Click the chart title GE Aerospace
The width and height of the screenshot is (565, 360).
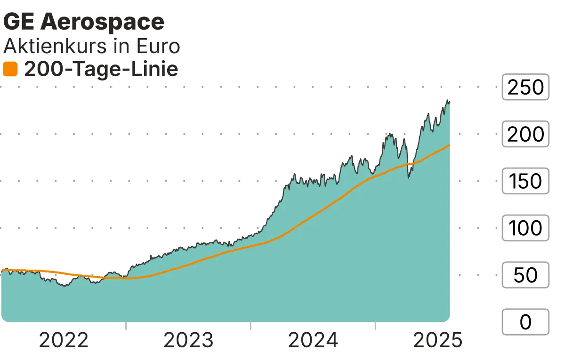[x=84, y=22]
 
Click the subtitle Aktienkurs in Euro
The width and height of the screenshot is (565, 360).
[x=92, y=46]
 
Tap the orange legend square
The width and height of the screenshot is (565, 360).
[x=10, y=69]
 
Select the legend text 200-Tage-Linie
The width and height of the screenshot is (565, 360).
[x=101, y=69]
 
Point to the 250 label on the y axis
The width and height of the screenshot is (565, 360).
[x=525, y=87]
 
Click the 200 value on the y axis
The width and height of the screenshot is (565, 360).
[x=525, y=134]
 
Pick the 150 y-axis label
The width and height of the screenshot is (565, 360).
[x=525, y=181]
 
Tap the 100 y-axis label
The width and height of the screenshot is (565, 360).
[x=525, y=228]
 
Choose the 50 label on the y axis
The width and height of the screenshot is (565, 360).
[x=525, y=275]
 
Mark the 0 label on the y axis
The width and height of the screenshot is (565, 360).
[x=525, y=322]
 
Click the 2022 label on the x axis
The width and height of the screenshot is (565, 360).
[x=64, y=340]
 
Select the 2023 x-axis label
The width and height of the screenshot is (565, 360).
[x=188, y=340]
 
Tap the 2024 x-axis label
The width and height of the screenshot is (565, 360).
[x=313, y=340]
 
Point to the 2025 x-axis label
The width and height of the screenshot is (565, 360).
[x=438, y=340]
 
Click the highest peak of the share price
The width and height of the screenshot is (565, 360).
[x=447, y=100]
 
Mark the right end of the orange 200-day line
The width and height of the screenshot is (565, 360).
[x=449, y=145]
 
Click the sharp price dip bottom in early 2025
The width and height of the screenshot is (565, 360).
[x=409, y=177]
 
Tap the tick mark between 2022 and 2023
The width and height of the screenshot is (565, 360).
[x=126, y=326]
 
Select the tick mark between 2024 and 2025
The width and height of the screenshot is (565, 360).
[x=375, y=326]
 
